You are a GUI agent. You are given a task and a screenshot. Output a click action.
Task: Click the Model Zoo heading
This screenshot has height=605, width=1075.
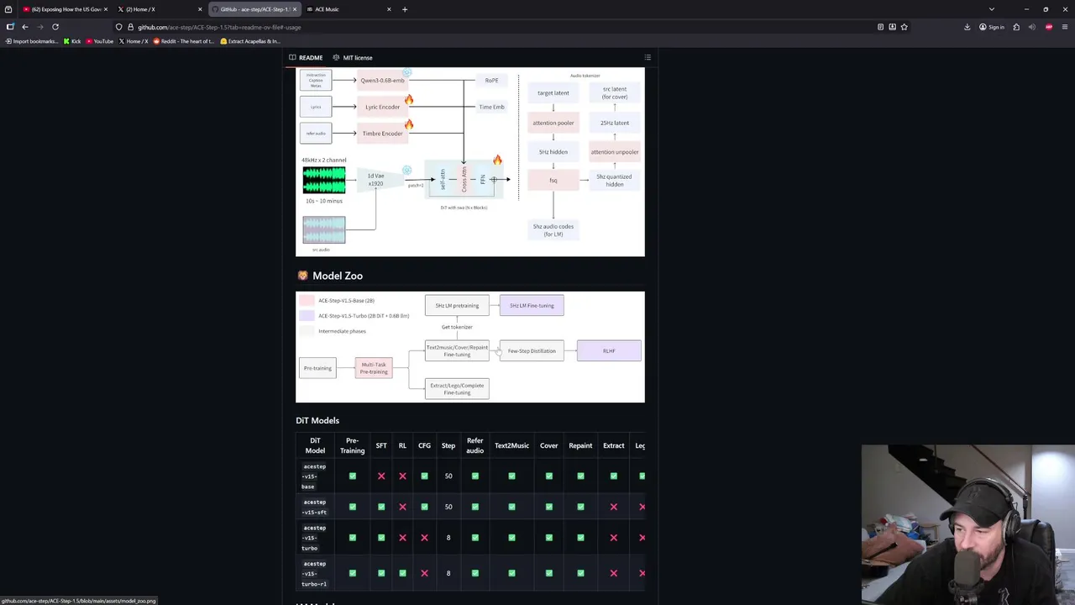tap(337, 276)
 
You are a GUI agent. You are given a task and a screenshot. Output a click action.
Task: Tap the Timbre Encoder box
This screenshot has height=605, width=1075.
tap(382, 134)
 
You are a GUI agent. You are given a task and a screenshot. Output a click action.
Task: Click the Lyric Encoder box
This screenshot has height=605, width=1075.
tap(382, 107)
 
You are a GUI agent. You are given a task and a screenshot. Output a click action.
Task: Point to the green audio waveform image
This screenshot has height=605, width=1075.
tap(323, 180)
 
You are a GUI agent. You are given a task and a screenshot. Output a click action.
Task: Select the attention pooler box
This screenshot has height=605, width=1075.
tap(553, 123)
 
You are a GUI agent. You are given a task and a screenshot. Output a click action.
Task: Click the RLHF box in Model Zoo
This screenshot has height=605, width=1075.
tap(609, 351)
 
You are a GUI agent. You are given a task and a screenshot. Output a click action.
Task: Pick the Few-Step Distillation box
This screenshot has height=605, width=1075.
tap(532, 351)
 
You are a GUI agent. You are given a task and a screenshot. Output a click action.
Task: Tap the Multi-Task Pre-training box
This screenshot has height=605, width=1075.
tap(374, 368)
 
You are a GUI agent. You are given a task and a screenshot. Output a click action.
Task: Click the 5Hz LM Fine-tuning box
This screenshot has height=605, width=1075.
tap(532, 306)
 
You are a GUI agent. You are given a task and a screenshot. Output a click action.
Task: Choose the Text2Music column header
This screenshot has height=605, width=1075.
tap(511, 445)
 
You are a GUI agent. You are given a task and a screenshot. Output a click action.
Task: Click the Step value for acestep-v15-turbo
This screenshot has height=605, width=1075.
tap(448, 538)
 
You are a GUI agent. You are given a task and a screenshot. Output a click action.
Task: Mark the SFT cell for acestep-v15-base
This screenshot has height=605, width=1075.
tap(381, 476)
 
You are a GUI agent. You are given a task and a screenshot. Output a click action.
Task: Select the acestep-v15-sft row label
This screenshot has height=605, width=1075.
tap(315, 507)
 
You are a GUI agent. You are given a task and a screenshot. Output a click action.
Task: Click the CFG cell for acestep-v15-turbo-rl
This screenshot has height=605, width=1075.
tap(424, 573)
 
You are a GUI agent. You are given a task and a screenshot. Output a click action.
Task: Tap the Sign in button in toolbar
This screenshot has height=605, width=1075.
tap(992, 27)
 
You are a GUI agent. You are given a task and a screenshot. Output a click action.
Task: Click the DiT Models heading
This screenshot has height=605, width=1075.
tap(317, 420)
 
